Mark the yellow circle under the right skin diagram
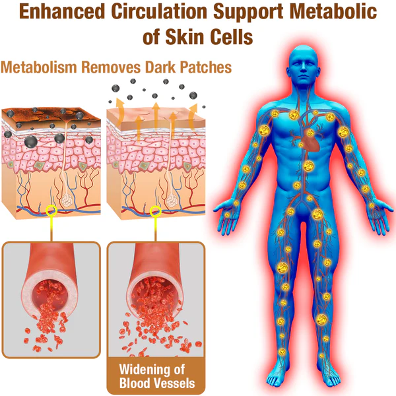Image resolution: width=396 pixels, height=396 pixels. point(156,212)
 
